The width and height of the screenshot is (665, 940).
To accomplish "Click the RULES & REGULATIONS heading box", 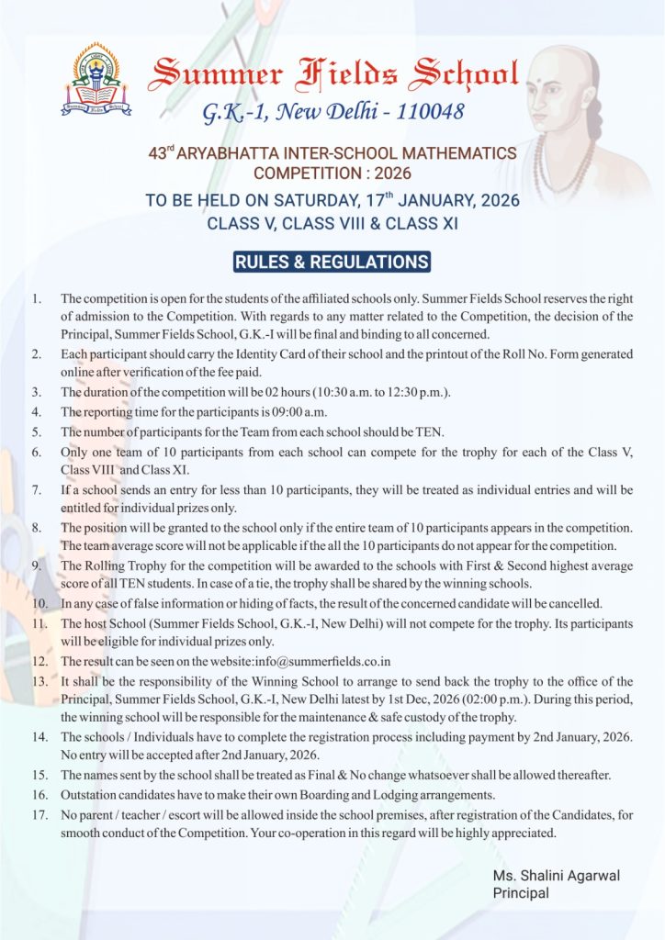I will coord(332,262).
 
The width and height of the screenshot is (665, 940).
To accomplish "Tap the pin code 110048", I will coord(422,112).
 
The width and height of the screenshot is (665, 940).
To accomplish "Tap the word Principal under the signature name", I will coord(521,893).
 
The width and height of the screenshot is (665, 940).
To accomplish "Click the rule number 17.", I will coord(39,814).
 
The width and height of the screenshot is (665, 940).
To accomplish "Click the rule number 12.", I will coord(39,661).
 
